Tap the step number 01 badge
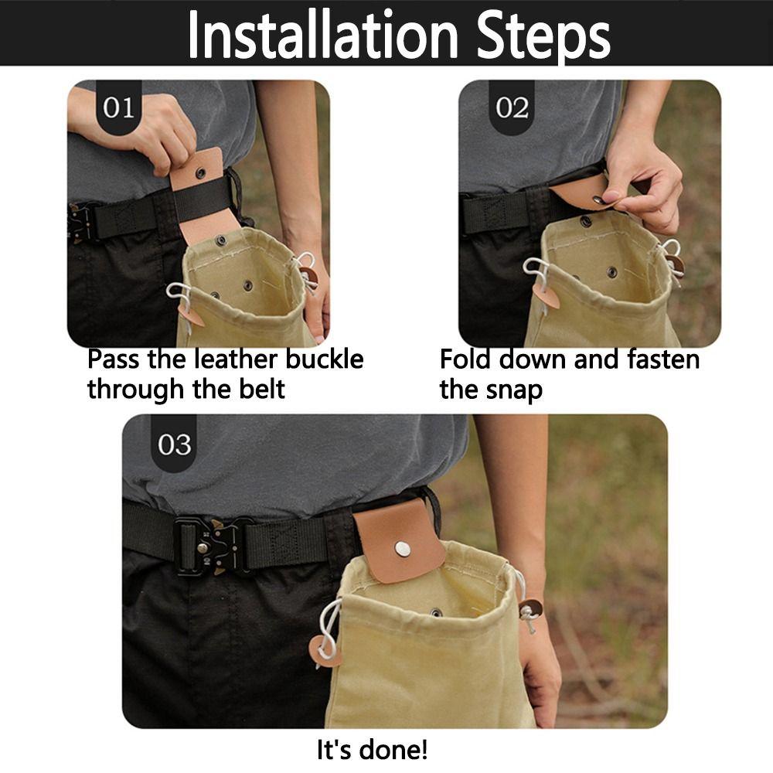[x=118, y=107]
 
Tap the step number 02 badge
[x=512, y=107]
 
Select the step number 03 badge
[x=174, y=444]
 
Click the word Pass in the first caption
[x=115, y=359]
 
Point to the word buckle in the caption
[x=324, y=359]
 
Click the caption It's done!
[x=372, y=749]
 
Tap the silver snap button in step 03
[x=402, y=548]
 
